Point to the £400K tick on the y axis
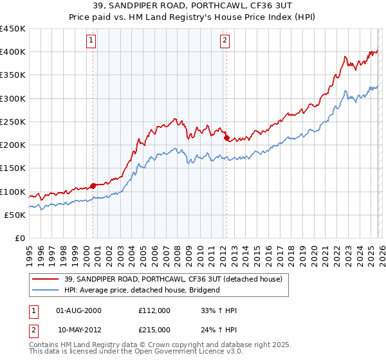pyautogui.click(x=13, y=52)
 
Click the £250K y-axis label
pyautogui.click(x=13, y=122)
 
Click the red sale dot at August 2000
pyautogui.click(x=93, y=186)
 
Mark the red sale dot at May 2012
pyautogui.click(x=226, y=138)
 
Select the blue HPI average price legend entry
pyautogui.click(x=142, y=290)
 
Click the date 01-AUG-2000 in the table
pyautogui.click(x=79, y=310)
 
